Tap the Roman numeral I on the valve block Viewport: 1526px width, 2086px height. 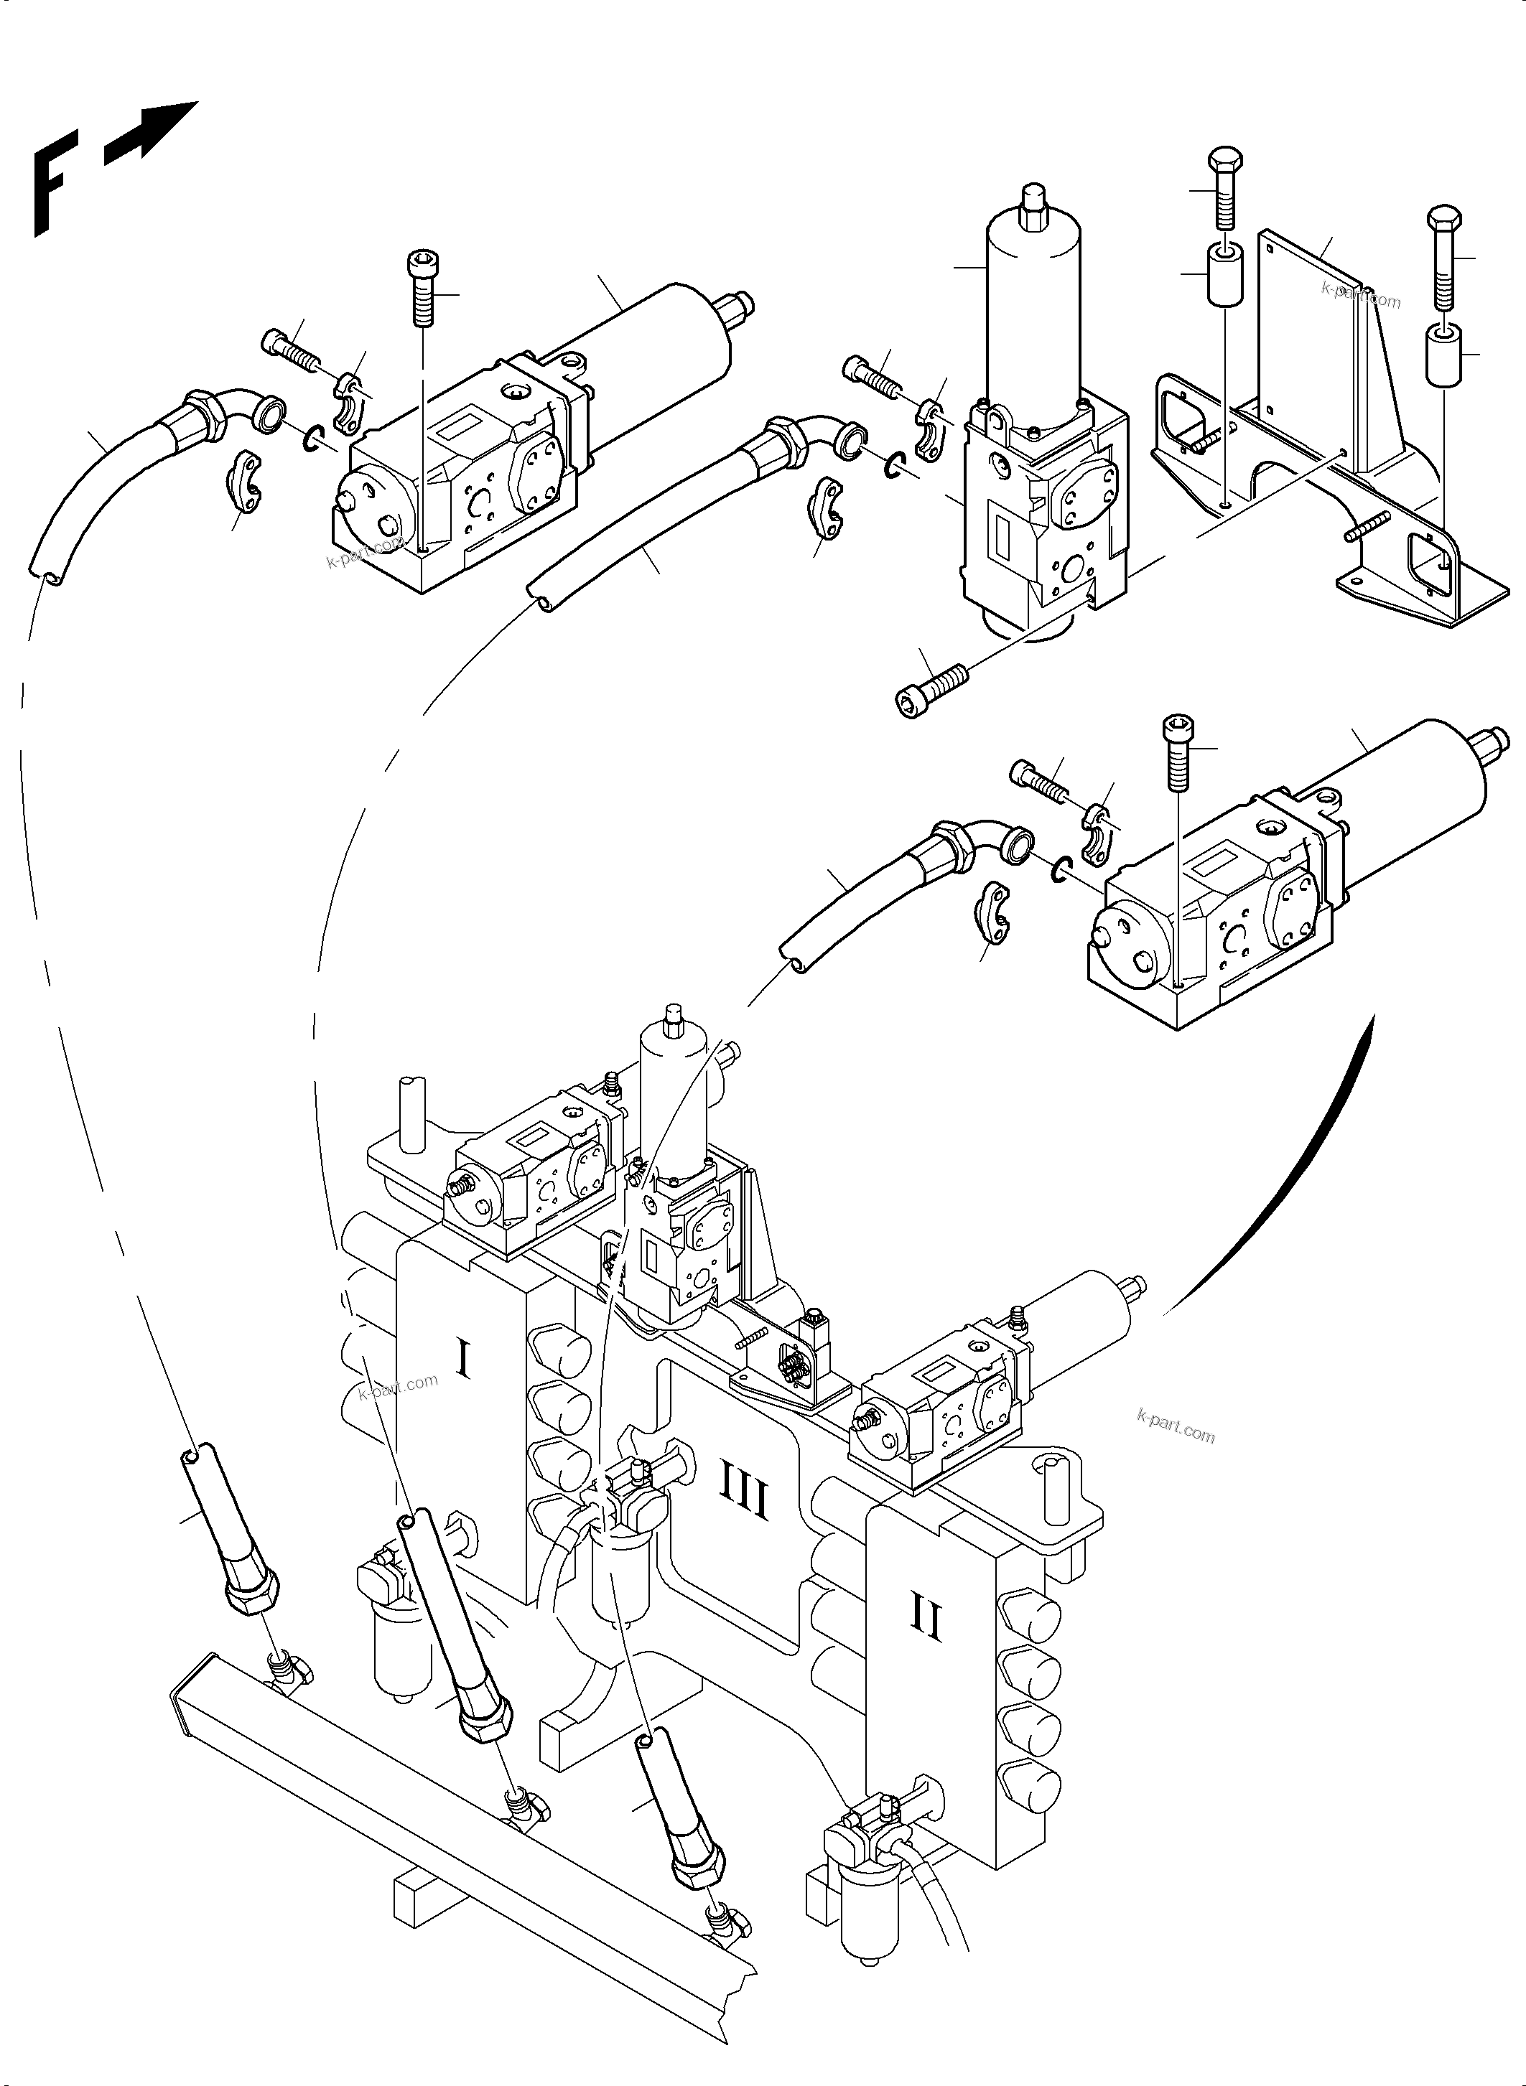click(464, 1360)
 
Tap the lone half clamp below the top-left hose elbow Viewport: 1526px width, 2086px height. click(245, 480)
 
